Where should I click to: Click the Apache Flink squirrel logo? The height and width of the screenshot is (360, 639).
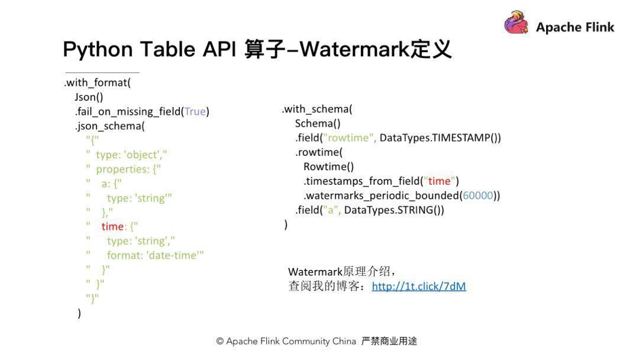point(517,23)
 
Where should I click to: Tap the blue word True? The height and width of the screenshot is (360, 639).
point(195,112)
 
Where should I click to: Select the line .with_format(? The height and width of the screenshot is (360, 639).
point(98,83)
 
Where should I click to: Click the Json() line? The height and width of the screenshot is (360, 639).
point(89,97)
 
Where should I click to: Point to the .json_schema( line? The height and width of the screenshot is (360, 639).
point(109,126)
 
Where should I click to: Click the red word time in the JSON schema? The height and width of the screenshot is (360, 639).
point(112,227)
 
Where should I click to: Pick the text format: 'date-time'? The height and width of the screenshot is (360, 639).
point(155,255)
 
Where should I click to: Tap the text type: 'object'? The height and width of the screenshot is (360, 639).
point(130,155)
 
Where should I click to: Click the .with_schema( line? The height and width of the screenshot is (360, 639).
point(317,109)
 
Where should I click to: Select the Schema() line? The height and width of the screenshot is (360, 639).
point(318,123)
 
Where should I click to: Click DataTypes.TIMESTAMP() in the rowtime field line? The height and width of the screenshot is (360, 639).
point(440,138)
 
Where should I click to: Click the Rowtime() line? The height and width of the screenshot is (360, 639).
point(328,166)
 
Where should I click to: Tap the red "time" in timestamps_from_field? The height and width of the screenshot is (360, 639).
point(439,181)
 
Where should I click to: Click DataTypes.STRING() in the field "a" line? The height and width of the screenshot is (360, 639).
point(393,210)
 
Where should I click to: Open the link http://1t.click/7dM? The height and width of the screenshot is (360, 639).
point(419,287)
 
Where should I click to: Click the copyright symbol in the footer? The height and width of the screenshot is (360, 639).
point(220,342)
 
